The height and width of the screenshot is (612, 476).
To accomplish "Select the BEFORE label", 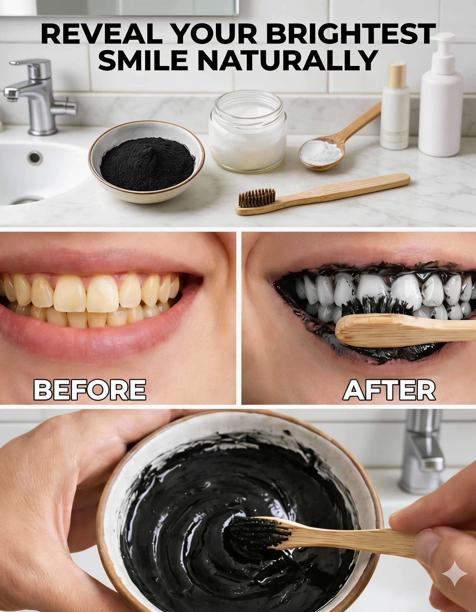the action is (90, 390).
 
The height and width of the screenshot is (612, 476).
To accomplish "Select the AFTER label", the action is (389, 390).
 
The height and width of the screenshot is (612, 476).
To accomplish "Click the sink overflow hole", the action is (35, 157).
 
